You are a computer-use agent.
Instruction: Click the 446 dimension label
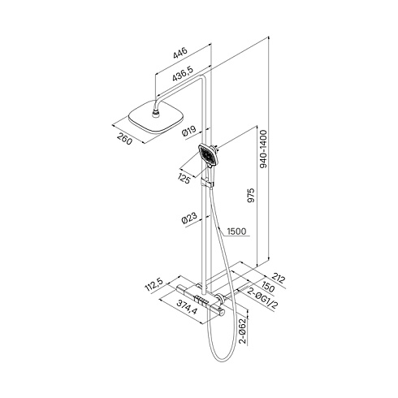pyautogui.click(x=180, y=53)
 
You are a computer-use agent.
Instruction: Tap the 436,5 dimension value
pyautogui.click(x=183, y=74)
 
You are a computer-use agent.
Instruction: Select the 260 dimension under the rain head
pyautogui.click(x=124, y=139)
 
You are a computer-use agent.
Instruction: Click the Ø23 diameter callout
pyautogui.click(x=188, y=218)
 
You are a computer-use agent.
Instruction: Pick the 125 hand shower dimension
pyautogui.click(x=184, y=178)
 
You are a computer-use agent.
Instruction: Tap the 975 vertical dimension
pyautogui.click(x=251, y=197)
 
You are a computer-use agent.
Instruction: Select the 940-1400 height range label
pyautogui.click(x=263, y=149)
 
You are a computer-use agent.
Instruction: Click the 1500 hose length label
pyautogui.click(x=236, y=231)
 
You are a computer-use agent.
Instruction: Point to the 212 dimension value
pyautogui.click(x=279, y=278)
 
